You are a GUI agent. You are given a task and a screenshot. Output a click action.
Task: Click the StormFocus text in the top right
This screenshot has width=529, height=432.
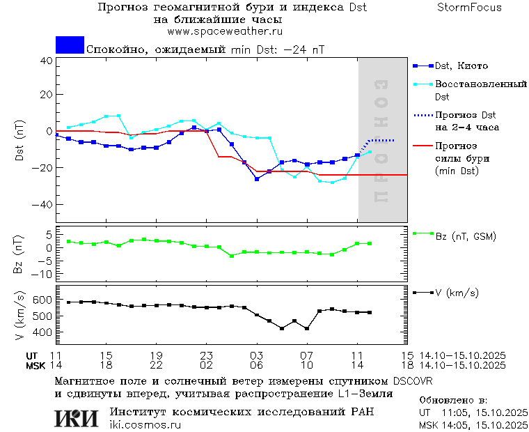coord(470,8)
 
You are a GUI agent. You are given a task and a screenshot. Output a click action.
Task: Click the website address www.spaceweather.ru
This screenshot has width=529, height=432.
coord(224,31)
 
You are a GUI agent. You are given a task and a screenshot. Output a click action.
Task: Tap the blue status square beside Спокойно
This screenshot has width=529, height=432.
coord(70,45)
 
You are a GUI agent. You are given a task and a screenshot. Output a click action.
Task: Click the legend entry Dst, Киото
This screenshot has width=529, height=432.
coord(461,66)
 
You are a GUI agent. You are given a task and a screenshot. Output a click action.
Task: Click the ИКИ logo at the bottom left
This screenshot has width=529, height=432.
coord(77,417)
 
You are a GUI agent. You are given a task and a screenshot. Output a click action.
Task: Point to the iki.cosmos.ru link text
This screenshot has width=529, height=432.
coord(145,424)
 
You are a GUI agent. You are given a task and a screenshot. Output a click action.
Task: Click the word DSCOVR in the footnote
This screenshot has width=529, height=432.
coord(413,381)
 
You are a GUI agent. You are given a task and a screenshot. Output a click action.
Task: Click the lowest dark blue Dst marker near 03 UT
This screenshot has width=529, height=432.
coord(257,179)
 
